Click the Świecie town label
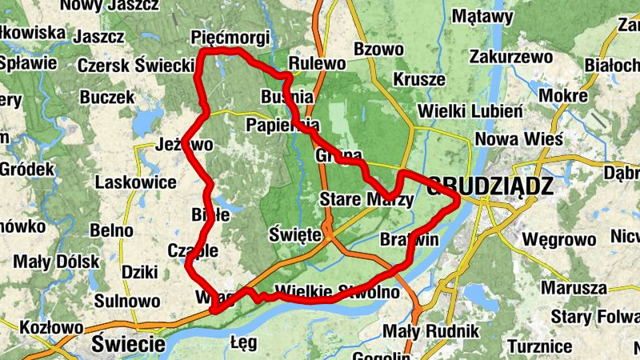pyautogui.click(x=128, y=345)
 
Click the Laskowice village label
pyautogui.click(x=135, y=182)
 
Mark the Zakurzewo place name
pyautogui.click(x=511, y=57)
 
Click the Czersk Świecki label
pyautogui.click(x=136, y=64)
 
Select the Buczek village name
pyautogui.click(x=107, y=97)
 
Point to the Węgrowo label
pyautogui.click(x=558, y=239)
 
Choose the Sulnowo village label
pyautogui.click(x=127, y=301)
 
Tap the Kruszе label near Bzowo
pyautogui.click(x=418, y=80)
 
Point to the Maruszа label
pyautogui.click(x=574, y=287)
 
